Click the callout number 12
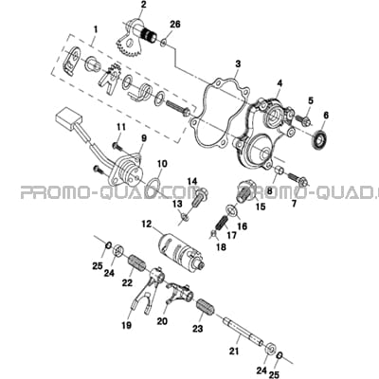[146, 225]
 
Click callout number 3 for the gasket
[238, 64]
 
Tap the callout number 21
[235, 351]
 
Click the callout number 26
[175, 24]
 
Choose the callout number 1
[96, 30]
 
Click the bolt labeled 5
[302, 119]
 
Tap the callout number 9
[144, 138]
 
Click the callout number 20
[162, 321]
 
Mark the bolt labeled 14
[198, 197]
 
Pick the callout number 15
[261, 207]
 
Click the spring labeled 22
[137, 263]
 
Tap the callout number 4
[280, 83]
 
